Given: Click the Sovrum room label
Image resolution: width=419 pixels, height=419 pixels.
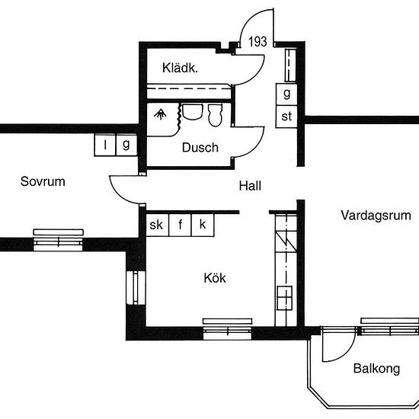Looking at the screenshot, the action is coord(43,182).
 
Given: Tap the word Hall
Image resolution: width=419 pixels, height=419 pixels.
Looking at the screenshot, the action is coord(250,186).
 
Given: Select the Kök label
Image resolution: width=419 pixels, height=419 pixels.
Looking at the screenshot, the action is coord(215,278).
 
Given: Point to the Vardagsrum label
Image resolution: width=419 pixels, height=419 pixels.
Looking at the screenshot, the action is coord(376,216).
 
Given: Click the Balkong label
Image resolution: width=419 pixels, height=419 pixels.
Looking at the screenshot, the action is coord(377,369).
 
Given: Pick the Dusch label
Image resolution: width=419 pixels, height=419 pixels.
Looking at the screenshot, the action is coord(200,148).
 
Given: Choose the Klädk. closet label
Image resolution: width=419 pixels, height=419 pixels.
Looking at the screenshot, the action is coord(180,68).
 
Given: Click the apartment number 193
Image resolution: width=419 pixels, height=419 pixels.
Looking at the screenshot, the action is coord(257,42).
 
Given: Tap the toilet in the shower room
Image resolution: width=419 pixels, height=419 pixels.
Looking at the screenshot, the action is coord(215,115).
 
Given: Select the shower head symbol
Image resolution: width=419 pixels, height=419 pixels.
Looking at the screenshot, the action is coord(160,114).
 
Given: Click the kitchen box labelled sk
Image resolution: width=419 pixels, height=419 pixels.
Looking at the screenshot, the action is coord(158,225).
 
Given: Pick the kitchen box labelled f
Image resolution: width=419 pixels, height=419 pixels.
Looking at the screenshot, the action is coord(180,225).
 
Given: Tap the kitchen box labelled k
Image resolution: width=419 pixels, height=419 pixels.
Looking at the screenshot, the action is coord(203,225).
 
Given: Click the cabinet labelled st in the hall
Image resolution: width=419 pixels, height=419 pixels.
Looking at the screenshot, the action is coord(286,117).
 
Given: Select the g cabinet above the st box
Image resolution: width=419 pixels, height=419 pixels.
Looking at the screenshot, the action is coord(286,94).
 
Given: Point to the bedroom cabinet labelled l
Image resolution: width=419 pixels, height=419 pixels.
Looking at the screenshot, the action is coord(105,145).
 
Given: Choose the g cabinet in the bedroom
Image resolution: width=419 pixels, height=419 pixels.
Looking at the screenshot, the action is coord(126,145).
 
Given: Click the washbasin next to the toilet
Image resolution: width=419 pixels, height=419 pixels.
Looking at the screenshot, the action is coord(192,112).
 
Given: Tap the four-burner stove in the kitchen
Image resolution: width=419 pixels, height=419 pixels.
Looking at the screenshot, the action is coord(284,298).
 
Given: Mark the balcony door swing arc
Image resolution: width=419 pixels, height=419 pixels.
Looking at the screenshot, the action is coord(347,353).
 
